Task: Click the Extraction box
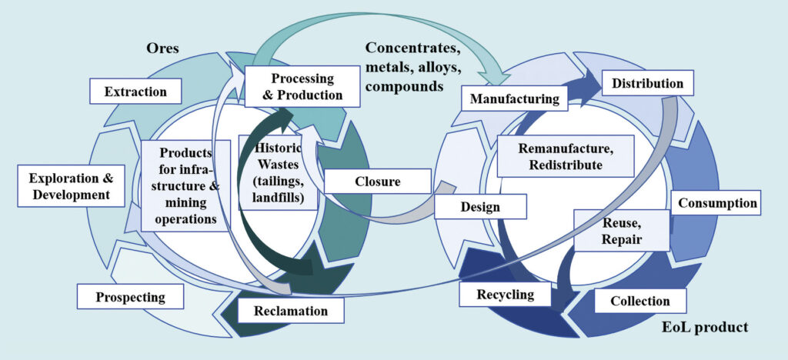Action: (x=135, y=92)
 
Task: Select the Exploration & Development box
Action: (x=71, y=186)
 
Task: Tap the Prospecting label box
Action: (x=131, y=296)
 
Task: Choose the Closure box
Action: (x=376, y=182)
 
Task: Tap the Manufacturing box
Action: (x=514, y=99)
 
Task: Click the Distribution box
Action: (x=647, y=83)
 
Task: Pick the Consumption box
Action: (x=716, y=204)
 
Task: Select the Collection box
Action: (x=639, y=301)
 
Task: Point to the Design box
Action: (x=480, y=207)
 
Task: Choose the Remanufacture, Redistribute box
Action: (x=565, y=155)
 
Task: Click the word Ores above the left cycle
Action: (x=162, y=48)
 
